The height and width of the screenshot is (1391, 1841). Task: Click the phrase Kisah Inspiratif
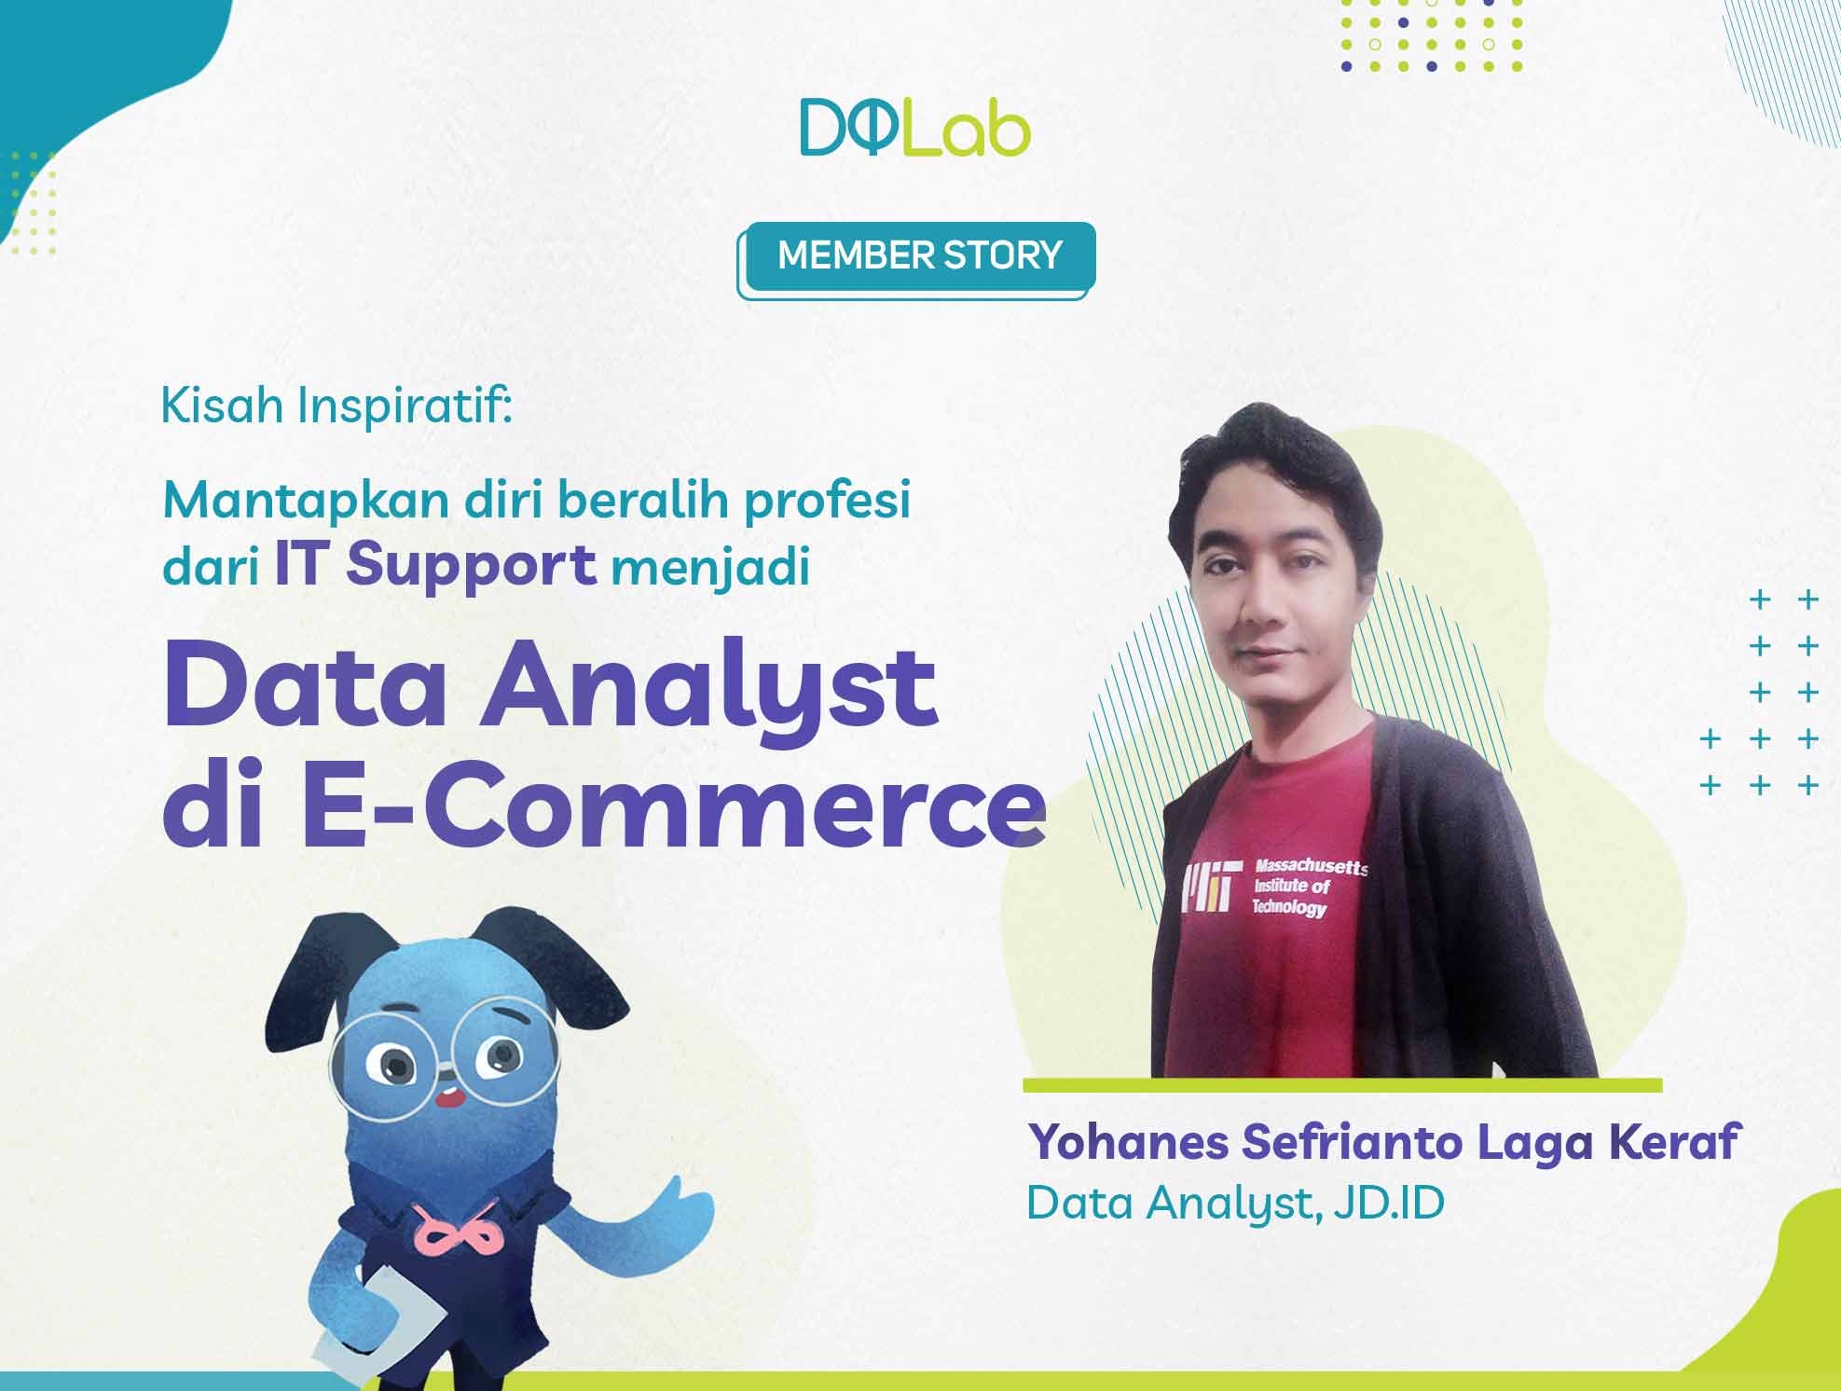(x=337, y=408)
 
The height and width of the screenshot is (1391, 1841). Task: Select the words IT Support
(x=435, y=566)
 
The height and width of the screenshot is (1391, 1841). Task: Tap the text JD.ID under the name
(x=1389, y=1203)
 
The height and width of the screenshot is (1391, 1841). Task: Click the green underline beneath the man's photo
(x=1342, y=1085)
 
